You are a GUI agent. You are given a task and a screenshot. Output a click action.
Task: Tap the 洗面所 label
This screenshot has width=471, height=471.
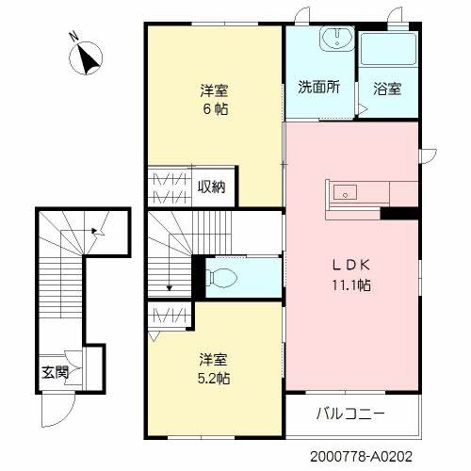point(319,88)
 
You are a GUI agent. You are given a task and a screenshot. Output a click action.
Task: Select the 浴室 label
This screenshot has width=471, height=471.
point(386,89)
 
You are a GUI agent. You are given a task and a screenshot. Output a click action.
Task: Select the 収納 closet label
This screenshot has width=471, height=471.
point(212,186)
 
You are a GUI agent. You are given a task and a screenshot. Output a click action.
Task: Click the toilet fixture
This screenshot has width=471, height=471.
point(222,277)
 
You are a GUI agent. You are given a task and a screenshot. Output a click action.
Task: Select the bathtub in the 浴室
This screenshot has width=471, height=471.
point(388,47)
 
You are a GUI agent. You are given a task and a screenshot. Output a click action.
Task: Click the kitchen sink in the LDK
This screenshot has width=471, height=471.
point(344,193)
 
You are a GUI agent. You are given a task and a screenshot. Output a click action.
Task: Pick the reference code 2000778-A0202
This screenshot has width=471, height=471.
point(363,454)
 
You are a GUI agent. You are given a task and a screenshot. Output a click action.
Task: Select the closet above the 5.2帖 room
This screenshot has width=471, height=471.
point(168,314)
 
